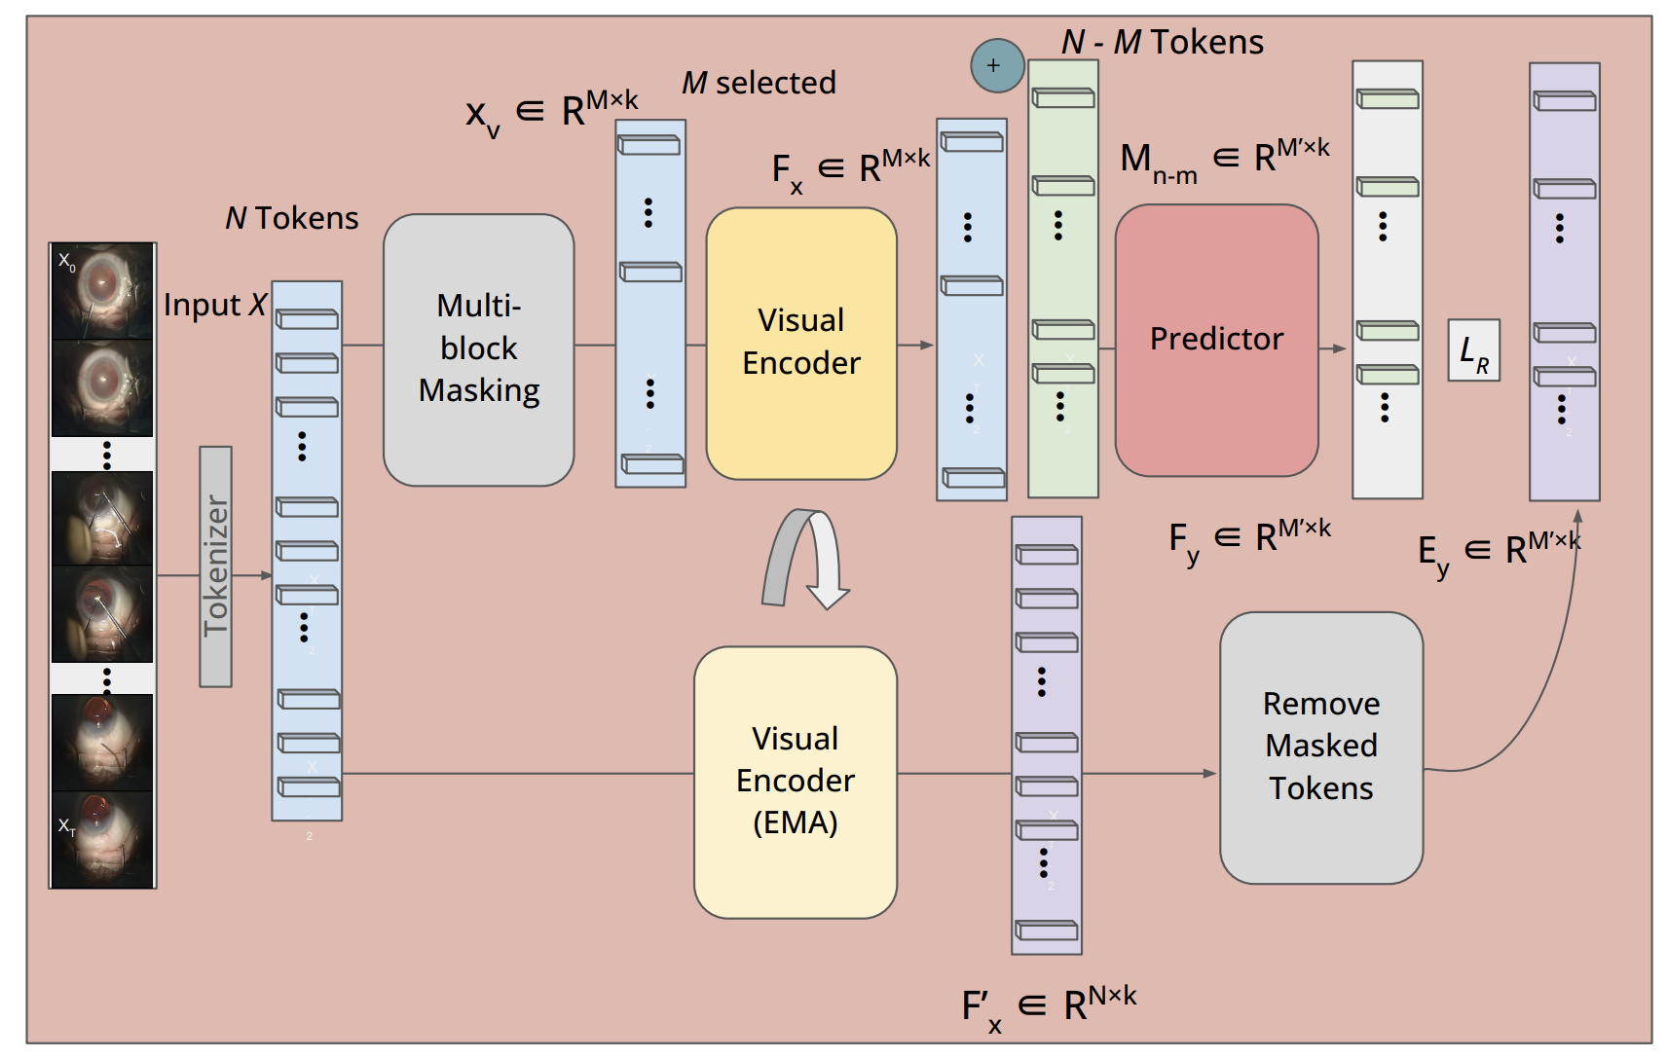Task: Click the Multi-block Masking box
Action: (478, 349)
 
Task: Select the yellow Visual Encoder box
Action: (800, 343)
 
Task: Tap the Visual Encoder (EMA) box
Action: (795, 782)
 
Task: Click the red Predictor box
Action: (1216, 340)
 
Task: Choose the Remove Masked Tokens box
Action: (1320, 747)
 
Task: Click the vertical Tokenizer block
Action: (215, 566)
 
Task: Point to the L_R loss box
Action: (1472, 350)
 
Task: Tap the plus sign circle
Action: (997, 66)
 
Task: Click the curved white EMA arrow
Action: (806, 559)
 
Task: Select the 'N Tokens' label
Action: (291, 218)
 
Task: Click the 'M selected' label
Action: (759, 83)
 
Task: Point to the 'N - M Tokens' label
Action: (1162, 42)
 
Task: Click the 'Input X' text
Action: (214, 305)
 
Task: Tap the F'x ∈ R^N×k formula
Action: (1049, 1005)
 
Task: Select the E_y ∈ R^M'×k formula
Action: (1498, 552)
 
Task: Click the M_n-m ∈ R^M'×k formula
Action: (1224, 159)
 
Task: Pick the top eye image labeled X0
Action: (102, 291)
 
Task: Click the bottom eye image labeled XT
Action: (102, 839)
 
